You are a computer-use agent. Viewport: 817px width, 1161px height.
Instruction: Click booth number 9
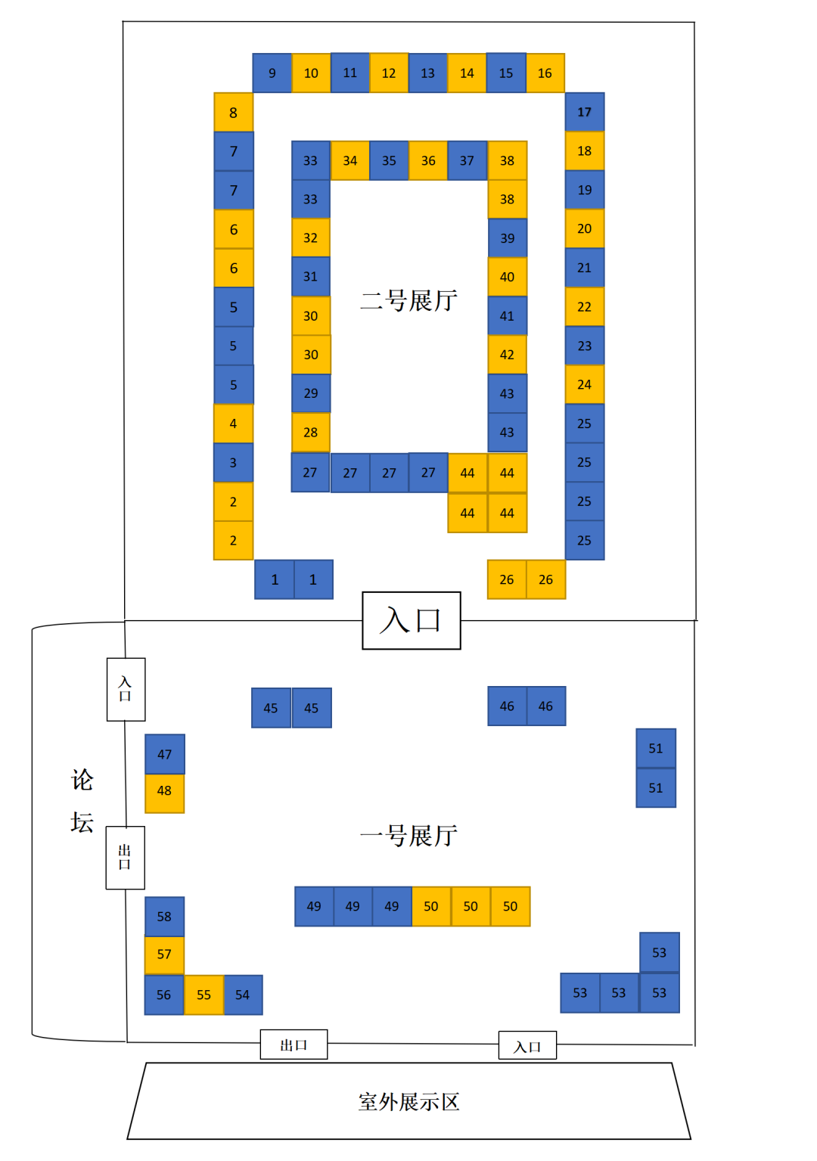coord(272,73)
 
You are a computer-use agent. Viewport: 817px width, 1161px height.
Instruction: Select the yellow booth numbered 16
coord(545,73)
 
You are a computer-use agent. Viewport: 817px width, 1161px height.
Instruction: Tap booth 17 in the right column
coord(585,112)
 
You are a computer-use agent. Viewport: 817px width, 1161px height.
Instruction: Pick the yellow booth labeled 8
coord(233,113)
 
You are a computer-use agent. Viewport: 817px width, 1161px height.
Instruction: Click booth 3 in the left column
coord(233,463)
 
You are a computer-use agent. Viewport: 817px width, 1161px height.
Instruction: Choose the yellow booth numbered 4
coord(233,424)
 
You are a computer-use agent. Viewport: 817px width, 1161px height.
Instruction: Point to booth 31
coord(310,277)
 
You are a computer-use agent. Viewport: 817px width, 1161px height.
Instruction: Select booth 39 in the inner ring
coord(507,238)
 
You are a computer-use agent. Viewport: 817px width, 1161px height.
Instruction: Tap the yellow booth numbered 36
coord(428,160)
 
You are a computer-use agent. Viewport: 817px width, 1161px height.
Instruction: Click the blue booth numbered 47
coord(164,754)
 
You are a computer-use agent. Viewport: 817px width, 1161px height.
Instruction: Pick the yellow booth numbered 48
coord(164,791)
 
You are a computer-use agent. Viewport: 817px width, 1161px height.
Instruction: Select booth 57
coord(164,955)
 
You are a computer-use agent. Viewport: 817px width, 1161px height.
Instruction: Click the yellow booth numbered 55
coord(203,995)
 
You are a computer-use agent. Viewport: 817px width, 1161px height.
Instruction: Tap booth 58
coord(164,916)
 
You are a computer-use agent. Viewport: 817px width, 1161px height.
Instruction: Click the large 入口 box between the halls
coord(411,620)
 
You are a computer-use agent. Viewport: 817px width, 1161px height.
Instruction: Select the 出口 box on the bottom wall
coord(294,1045)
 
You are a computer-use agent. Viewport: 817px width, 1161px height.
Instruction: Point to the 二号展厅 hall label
coord(408,300)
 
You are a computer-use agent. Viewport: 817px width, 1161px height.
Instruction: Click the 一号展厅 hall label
coord(408,835)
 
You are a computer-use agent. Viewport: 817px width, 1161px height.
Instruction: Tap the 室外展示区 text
coord(408,1101)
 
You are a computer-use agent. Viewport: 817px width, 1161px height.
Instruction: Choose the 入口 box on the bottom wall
coord(527,1046)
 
